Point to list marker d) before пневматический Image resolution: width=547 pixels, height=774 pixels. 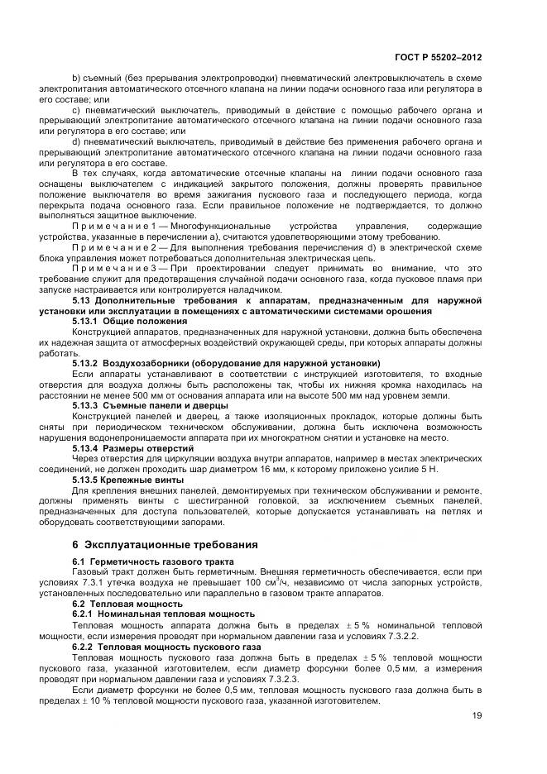pyautogui.click(x=76, y=140)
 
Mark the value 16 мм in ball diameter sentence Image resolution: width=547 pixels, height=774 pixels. pyautogui.click(x=272, y=469)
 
